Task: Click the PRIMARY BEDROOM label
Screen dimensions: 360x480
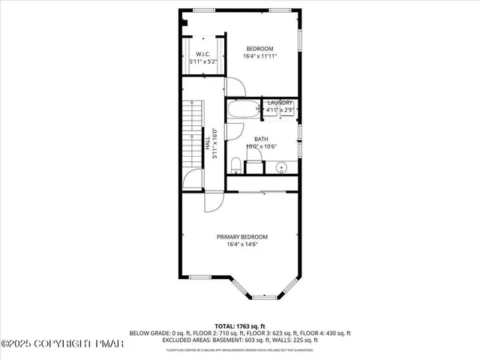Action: tap(242, 236)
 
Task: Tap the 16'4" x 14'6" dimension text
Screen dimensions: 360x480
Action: tap(242, 244)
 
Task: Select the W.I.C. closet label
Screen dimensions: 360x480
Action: tap(202, 55)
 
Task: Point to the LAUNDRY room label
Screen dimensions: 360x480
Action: tap(280, 103)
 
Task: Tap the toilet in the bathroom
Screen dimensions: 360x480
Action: tap(235, 164)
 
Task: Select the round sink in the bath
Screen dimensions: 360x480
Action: tap(283, 166)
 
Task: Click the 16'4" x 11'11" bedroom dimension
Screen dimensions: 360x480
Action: tap(259, 56)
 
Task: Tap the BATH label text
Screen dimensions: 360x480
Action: tap(260, 139)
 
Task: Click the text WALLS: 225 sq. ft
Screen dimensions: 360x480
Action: tap(329, 340)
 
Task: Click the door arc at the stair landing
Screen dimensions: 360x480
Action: tap(193, 178)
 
